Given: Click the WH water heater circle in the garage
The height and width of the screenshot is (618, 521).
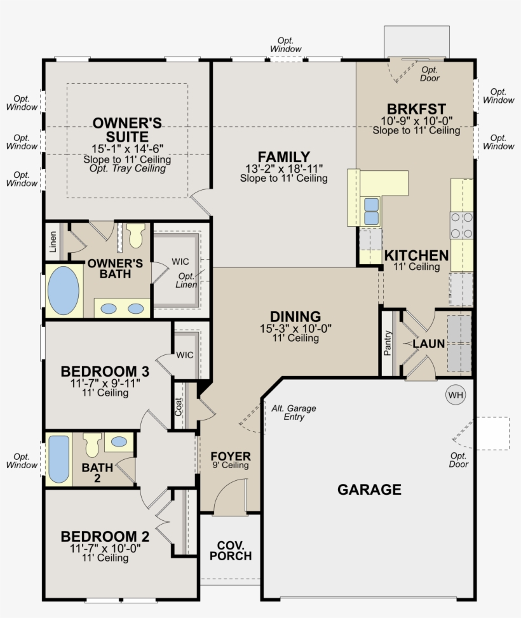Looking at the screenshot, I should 456,395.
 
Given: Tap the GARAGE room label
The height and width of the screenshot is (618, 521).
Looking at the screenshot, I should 369,490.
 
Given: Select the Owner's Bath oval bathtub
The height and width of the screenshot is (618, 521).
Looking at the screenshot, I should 64,292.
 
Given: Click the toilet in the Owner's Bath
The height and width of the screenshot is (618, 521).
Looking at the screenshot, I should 135,236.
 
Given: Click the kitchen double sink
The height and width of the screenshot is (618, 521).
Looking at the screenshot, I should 370,211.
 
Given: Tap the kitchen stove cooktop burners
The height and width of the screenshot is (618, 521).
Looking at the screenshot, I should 462,225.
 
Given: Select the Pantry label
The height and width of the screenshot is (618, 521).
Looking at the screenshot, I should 388,344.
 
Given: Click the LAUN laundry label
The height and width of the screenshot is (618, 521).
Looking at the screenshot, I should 428,344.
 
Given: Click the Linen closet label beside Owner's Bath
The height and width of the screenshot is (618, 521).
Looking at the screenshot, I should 53,241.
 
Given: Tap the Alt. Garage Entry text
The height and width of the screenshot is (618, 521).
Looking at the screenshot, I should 294,413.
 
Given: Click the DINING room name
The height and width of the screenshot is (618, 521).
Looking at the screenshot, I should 295,317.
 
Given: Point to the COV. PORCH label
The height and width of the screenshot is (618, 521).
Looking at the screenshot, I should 231,551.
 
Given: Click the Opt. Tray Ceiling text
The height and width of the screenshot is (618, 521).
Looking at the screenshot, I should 127,169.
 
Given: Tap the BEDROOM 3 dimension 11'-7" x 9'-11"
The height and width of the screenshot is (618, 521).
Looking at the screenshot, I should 105,384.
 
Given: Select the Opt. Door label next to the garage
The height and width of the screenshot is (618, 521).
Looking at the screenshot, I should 459,460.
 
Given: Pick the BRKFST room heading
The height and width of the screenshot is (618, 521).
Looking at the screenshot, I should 416,109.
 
